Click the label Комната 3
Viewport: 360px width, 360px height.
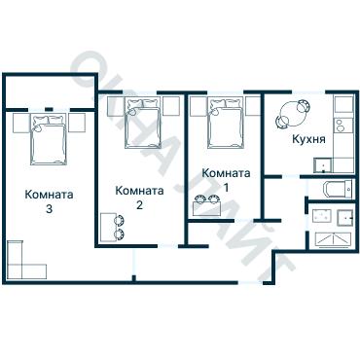click(48, 200)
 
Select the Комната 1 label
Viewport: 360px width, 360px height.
click(227, 180)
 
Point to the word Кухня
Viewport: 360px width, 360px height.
click(308, 140)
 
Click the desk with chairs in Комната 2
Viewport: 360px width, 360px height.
click(111, 227)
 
